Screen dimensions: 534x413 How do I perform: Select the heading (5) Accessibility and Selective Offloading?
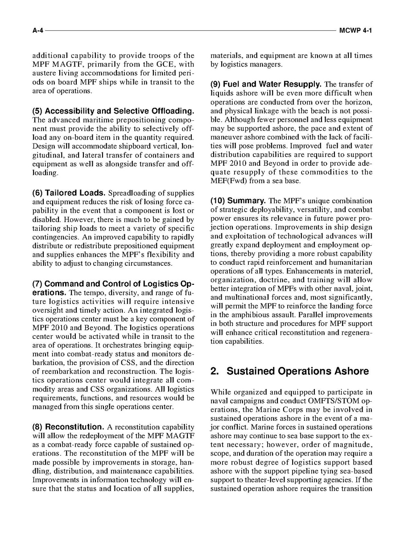click(113, 111)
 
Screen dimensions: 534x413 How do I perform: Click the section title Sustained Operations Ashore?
click(297, 371)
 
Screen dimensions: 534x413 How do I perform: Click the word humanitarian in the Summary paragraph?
click(350, 262)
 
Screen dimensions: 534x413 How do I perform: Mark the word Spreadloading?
click(131, 193)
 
